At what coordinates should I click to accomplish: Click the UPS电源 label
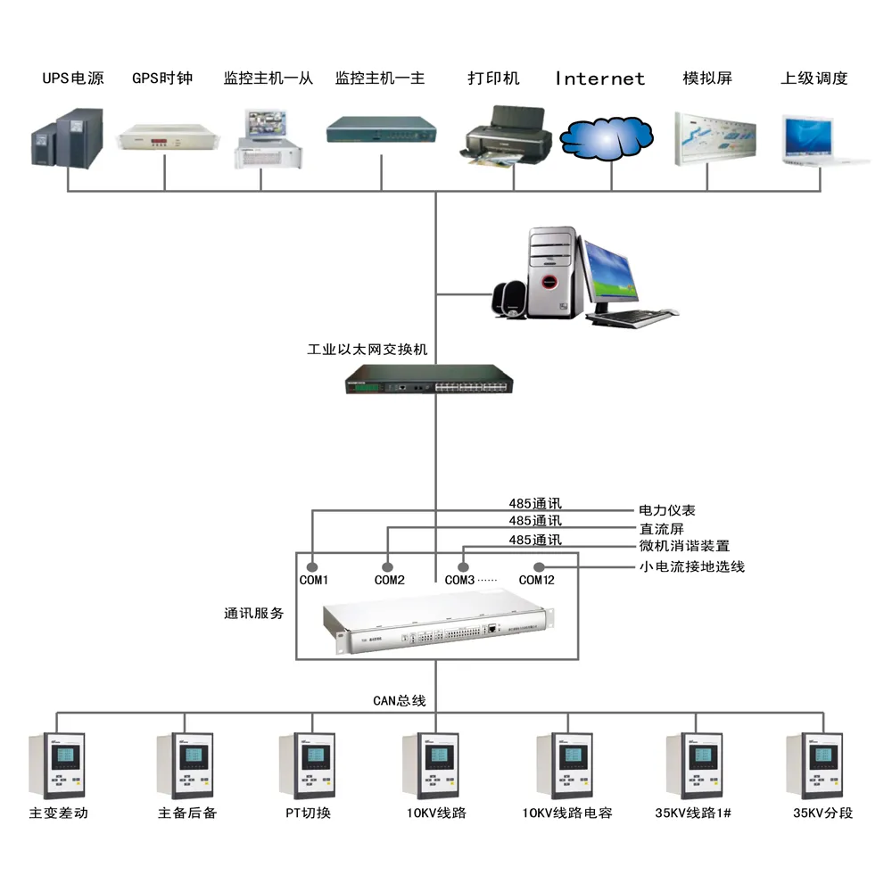[73, 78]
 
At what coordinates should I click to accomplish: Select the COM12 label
[537, 581]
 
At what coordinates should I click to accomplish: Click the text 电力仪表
[666, 511]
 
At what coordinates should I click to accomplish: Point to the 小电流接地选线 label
[691, 566]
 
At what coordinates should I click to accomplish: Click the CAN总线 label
[399, 700]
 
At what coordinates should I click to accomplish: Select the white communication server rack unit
[435, 625]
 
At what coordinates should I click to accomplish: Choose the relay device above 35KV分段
[814, 765]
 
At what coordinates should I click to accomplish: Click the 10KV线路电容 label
[567, 813]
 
